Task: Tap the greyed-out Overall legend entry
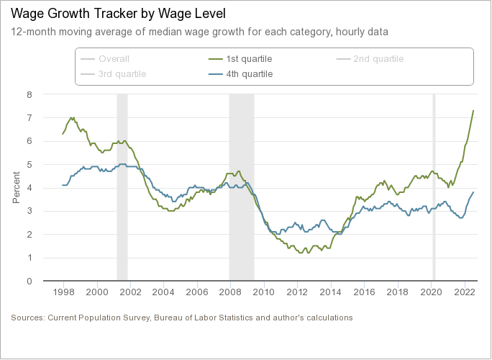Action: [114, 58]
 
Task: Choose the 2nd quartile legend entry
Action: [378, 58]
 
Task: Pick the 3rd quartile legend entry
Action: [122, 74]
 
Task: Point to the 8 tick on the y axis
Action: [29, 94]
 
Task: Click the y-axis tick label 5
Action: [29, 164]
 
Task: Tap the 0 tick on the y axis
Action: [29, 281]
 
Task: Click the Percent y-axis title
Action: [17, 187]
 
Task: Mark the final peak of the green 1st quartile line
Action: [473, 110]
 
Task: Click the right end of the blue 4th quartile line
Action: [473, 192]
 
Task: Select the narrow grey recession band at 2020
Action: [434, 187]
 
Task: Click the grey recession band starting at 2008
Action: [241, 187]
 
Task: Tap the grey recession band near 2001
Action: [122, 187]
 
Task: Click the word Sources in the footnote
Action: [27, 318]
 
